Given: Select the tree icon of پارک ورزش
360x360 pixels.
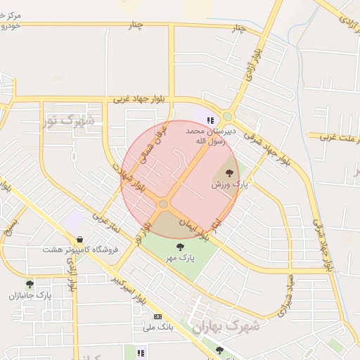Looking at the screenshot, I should click(x=229, y=173).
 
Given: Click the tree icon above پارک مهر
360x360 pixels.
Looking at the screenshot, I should click(x=181, y=247).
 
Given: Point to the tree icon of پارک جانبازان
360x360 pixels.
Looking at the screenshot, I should click(x=30, y=285).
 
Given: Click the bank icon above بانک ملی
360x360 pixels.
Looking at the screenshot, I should click(x=157, y=316).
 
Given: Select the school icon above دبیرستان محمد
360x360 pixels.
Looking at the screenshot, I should click(x=210, y=121).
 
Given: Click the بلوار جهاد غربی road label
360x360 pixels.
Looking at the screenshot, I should click(x=144, y=98).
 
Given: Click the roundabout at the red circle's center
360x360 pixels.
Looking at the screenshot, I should click(x=163, y=204).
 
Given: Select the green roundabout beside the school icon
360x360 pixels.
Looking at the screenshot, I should click(x=227, y=117).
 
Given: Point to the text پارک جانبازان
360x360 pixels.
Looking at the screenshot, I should click(x=30, y=296).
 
